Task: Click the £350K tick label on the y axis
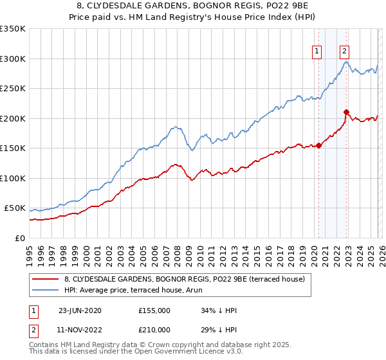12,29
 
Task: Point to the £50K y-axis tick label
15,208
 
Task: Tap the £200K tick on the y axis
12,118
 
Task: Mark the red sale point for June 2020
319,145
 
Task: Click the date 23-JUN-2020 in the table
80,310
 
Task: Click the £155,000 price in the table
154,310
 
